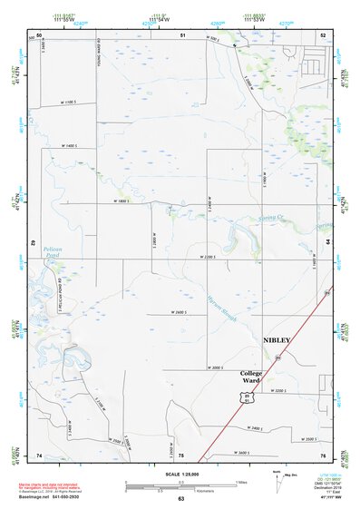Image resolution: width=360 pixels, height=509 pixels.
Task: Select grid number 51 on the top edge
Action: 182,34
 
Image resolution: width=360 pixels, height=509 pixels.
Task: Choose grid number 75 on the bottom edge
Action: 181,455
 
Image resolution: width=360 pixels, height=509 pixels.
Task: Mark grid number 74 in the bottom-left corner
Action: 39,454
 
